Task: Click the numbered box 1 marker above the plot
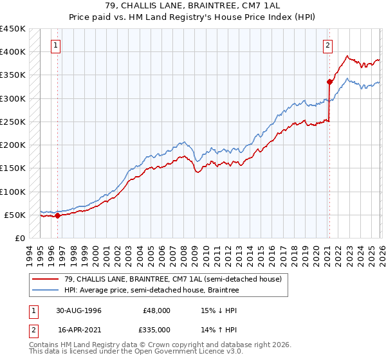[x=57, y=45]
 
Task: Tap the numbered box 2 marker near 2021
[x=328, y=45]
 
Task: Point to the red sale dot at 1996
[x=57, y=215]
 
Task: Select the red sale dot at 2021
[x=329, y=82]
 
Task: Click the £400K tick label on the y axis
[x=13, y=52]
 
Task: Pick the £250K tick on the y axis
[x=13, y=122]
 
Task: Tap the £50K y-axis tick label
[x=15, y=215]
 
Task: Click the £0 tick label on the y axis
[x=21, y=238]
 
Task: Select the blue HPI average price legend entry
[x=151, y=291]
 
